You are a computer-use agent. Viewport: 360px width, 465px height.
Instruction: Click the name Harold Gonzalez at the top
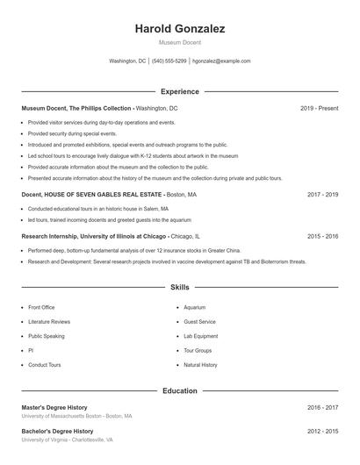pyautogui.click(x=179, y=29)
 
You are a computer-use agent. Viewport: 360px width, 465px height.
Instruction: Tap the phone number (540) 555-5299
pyautogui.click(x=169, y=61)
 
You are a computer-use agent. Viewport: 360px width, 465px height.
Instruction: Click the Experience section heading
pyautogui.click(x=179, y=91)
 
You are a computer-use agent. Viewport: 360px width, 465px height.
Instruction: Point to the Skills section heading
pyautogui.click(x=179, y=287)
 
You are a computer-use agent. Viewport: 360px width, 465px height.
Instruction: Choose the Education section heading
pyautogui.click(x=179, y=390)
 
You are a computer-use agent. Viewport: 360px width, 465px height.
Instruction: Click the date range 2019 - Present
pyautogui.click(x=319, y=108)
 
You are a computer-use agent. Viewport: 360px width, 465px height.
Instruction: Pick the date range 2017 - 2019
pyautogui.click(x=322, y=194)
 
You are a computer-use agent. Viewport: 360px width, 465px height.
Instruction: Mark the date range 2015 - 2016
pyautogui.click(x=322, y=236)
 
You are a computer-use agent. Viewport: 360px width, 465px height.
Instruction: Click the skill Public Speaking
pyautogui.click(x=46, y=336)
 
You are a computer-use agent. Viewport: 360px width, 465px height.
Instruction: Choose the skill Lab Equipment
pyautogui.click(x=200, y=336)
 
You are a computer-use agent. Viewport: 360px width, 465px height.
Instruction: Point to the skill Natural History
pyautogui.click(x=200, y=364)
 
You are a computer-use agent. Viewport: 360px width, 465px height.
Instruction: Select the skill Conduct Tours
pyautogui.click(x=44, y=364)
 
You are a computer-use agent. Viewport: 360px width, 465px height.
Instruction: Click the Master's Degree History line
pyautogui.click(x=54, y=407)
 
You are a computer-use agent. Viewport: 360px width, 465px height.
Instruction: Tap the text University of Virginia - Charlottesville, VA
pyautogui.click(x=68, y=440)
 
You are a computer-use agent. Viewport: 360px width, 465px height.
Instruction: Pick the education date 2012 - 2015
pyautogui.click(x=322, y=432)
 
